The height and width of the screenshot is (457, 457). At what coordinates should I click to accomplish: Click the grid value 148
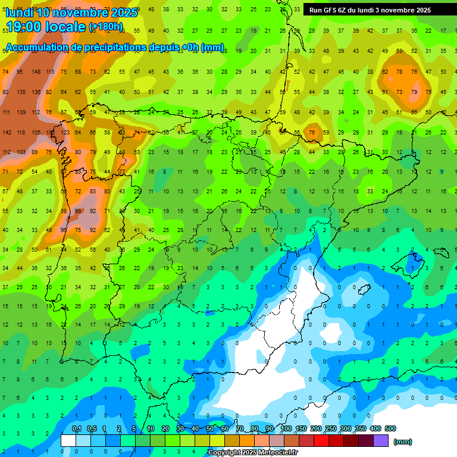pyautogui.click(x=36, y=72)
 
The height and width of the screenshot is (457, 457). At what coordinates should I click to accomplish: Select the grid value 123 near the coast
pyautogui.click(x=65, y=132)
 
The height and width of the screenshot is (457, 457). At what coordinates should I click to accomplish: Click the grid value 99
pyautogui.click(x=78, y=211)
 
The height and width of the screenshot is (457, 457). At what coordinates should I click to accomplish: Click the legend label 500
pyautogui.click(x=390, y=428)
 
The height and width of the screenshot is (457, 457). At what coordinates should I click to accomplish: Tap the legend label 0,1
pyautogui.click(x=77, y=428)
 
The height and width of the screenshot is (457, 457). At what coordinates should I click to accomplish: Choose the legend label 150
pyautogui.click(x=301, y=428)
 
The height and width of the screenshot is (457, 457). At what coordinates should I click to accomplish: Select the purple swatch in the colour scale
pyautogui.click(x=381, y=440)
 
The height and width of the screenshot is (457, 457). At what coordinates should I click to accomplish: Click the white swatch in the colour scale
pyautogui.click(x=68, y=440)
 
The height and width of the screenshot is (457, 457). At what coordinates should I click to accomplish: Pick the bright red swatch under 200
pyautogui.click(x=321, y=440)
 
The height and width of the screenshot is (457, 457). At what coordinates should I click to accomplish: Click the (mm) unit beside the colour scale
pyautogui.click(x=403, y=442)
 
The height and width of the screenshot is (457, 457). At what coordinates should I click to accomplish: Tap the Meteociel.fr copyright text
pyautogui.click(x=252, y=452)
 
